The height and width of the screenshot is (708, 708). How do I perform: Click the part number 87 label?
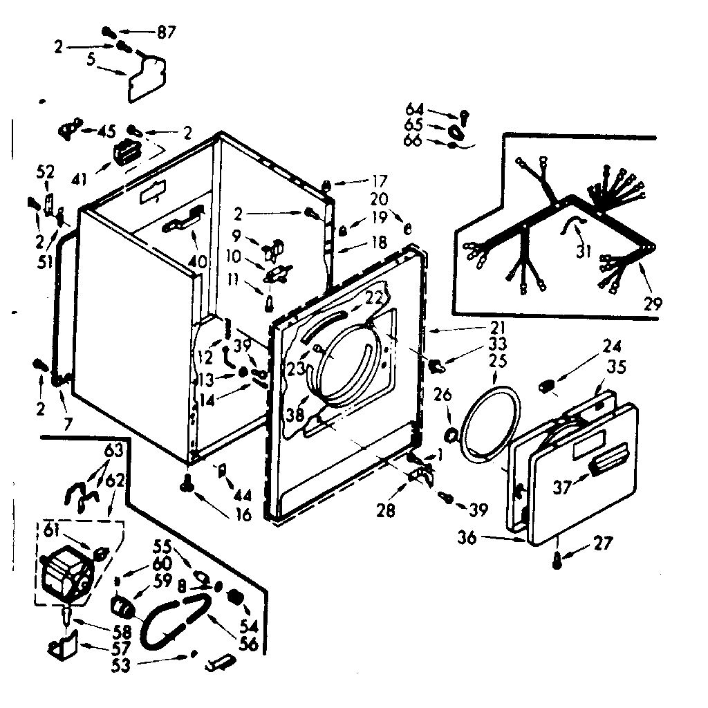167,32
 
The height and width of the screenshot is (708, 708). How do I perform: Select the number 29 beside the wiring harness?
653,302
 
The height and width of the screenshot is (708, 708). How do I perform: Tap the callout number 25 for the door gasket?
498,360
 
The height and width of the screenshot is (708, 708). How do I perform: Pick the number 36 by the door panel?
467,537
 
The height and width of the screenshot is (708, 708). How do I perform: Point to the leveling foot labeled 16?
187,487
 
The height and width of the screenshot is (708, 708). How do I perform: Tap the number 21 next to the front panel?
499,326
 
